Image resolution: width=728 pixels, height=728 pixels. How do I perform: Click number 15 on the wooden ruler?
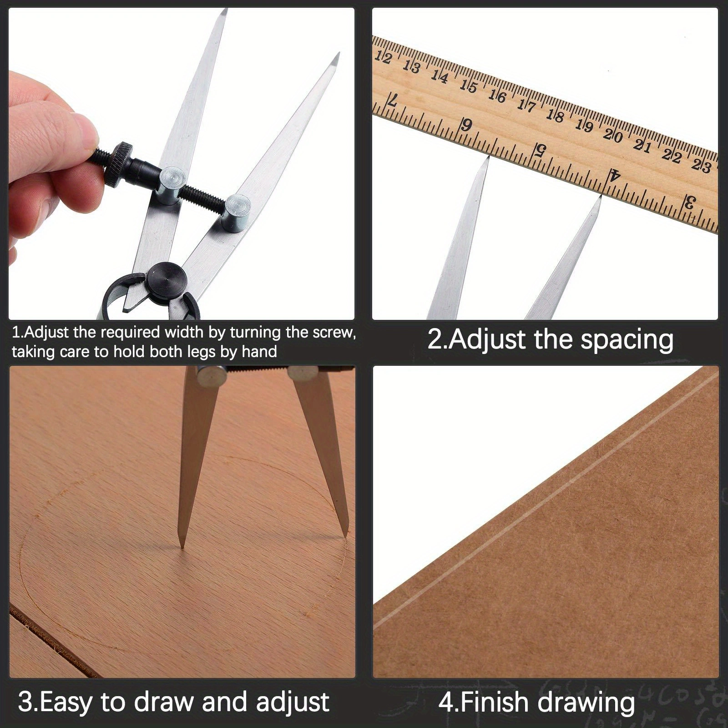pyautogui.click(x=468, y=86)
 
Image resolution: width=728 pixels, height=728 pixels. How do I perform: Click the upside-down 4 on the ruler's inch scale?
pyautogui.click(x=615, y=173)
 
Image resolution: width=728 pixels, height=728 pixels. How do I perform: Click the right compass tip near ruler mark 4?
pyautogui.click(x=601, y=197)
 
